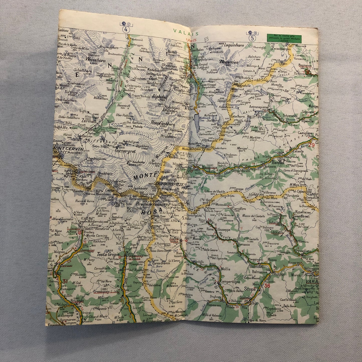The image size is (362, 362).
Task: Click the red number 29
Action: (x=311, y=145)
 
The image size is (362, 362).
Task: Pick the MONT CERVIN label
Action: (x=63, y=148)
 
